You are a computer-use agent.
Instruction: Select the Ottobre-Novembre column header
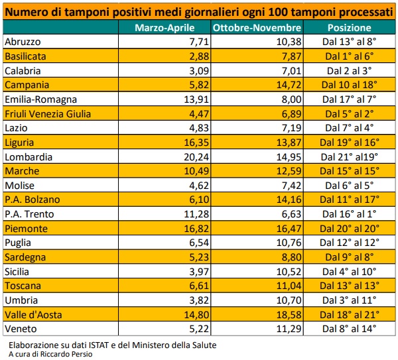coord(257,29)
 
